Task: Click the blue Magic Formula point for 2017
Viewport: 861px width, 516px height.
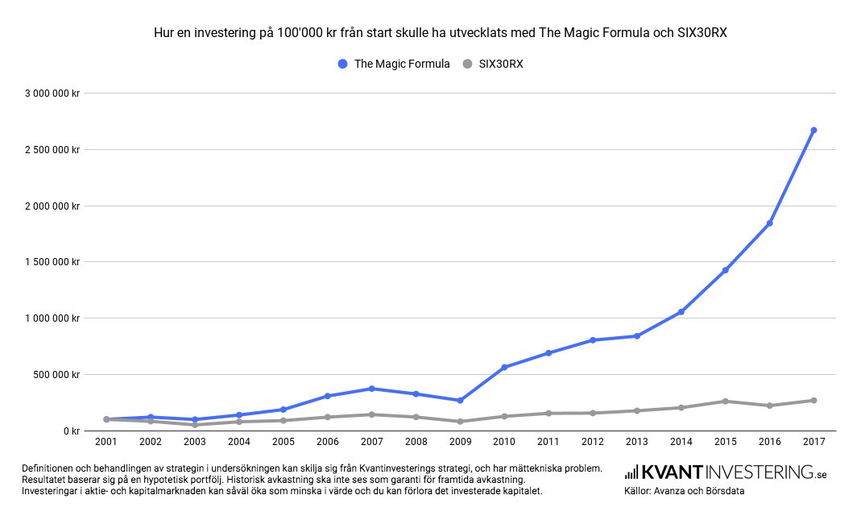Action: coord(813,130)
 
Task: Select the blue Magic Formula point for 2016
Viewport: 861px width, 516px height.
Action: coord(769,223)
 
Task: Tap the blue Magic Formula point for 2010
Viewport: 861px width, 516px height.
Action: coord(504,367)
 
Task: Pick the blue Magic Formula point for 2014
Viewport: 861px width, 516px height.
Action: coord(681,312)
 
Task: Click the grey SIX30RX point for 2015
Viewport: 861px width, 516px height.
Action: coord(725,402)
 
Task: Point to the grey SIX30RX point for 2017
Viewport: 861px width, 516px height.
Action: coord(813,401)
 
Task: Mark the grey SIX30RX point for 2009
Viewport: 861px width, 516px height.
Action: coord(460,422)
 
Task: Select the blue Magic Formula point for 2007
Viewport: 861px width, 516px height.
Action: coord(371,389)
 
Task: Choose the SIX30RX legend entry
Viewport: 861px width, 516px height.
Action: coord(493,64)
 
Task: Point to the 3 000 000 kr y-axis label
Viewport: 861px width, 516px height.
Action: coord(52,93)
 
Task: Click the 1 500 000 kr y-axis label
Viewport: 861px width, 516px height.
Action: coord(52,262)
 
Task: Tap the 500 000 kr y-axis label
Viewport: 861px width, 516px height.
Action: coord(56,374)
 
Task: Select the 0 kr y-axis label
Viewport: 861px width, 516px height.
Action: coord(71,431)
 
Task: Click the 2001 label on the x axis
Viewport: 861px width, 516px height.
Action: coord(106,443)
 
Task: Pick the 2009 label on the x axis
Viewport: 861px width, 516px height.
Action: coord(460,443)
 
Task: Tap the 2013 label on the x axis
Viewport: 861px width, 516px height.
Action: coord(636,443)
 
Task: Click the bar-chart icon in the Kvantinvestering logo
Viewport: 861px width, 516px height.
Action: coord(631,472)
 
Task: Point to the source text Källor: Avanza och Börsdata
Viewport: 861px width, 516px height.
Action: coord(684,490)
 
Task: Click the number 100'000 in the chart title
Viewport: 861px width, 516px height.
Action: coord(295,34)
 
